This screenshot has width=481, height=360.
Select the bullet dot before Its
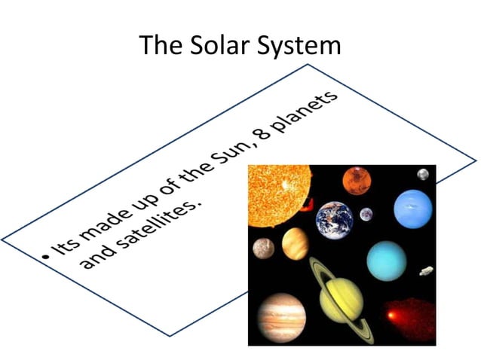click(x=46, y=258)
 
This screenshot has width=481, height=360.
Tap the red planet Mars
click(x=356, y=180)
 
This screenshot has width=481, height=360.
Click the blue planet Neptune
click(x=412, y=208)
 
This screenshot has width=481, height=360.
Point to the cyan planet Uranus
click(x=387, y=261)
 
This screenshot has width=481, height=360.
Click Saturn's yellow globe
click(x=342, y=297)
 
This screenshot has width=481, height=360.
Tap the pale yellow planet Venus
click(x=295, y=244)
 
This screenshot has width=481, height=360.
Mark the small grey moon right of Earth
click(x=366, y=214)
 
